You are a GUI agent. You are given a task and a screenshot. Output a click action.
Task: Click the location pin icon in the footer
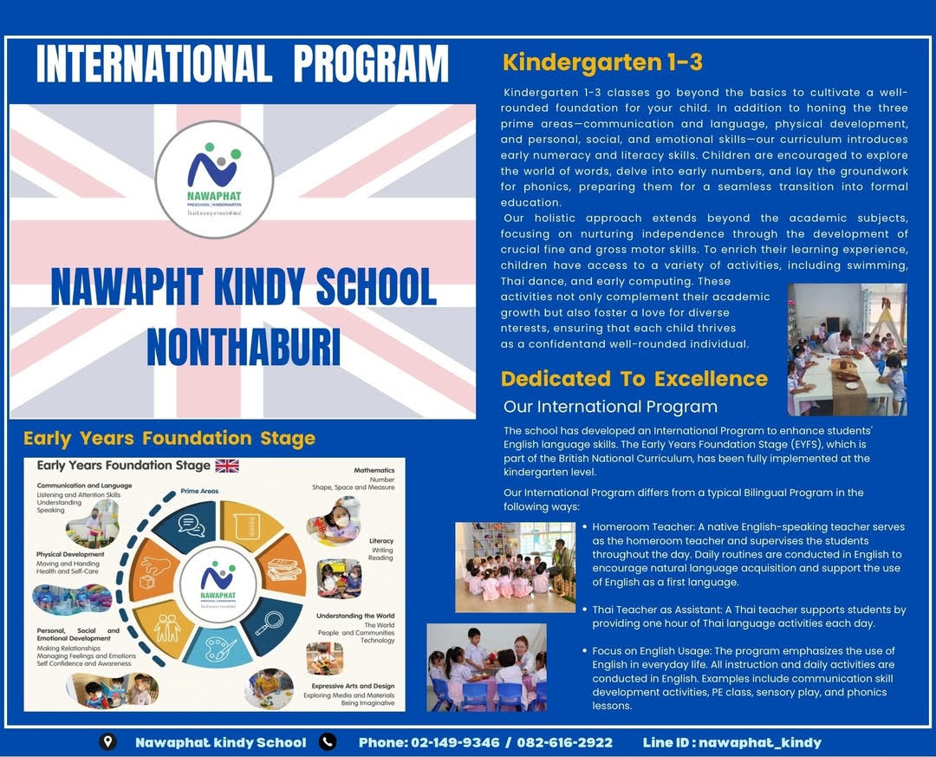[x=107, y=741]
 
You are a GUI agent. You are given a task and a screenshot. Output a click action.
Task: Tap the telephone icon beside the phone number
[x=328, y=741]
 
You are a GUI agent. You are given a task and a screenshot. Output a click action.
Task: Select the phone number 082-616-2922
[x=564, y=742]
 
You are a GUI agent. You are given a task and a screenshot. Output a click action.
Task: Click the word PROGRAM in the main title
[x=371, y=64]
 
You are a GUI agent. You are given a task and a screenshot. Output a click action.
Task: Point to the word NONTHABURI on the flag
[x=244, y=346]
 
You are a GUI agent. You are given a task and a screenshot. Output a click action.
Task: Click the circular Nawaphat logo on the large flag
[x=214, y=179]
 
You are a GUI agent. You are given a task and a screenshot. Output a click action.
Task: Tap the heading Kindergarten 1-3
[x=602, y=62]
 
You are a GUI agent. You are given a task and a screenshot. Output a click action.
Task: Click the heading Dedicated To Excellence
[x=634, y=379]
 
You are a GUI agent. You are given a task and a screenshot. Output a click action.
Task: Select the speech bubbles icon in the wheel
[x=191, y=525]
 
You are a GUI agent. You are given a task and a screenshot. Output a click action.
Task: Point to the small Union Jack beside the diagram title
[x=227, y=466]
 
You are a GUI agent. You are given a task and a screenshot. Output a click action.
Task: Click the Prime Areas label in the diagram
[x=199, y=491]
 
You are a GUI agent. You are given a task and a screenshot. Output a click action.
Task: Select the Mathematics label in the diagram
[x=374, y=470]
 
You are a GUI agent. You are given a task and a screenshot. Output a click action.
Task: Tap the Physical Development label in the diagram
[x=70, y=554]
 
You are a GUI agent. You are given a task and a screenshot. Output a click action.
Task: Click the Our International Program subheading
[x=610, y=407]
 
